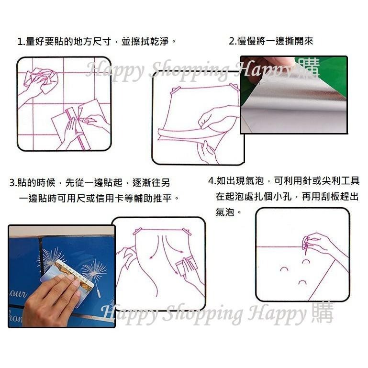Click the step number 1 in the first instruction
point(20,42)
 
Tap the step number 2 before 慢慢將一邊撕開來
point(232,42)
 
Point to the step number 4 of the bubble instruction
point(211,181)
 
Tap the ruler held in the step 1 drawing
point(77,126)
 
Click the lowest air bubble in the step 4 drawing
point(301,283)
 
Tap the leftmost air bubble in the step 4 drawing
point(284,269)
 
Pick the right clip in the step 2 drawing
point(234,87)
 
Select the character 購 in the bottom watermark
point(322,313)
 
